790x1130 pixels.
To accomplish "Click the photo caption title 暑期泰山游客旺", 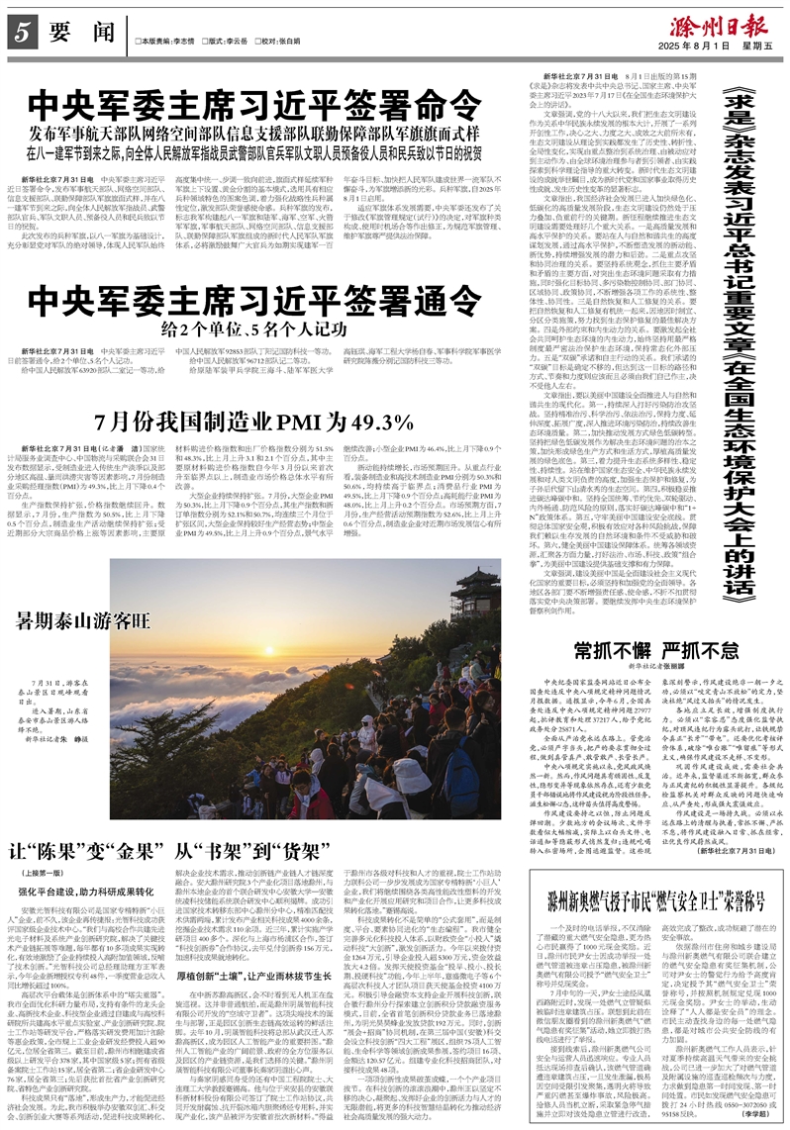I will click(x=82, y=620).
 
